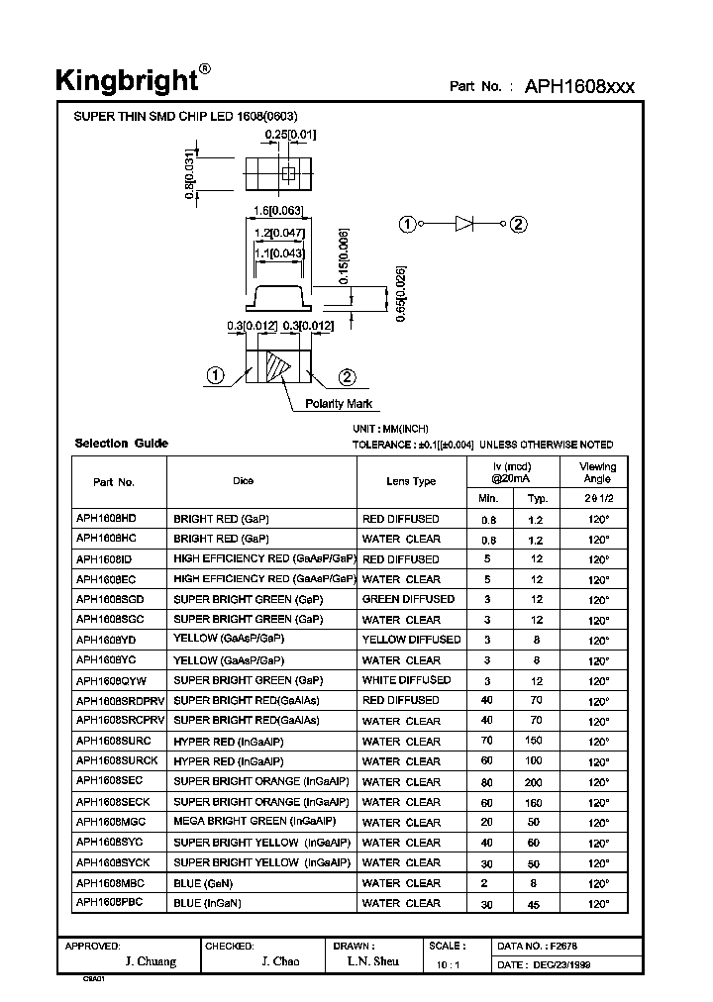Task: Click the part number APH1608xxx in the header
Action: (579, 86)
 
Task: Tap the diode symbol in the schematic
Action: (465, 224)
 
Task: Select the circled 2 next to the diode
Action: (518, 224)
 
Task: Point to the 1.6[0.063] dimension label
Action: (278, 210)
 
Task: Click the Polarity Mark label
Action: (339, 404)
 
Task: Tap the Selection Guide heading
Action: (121, 444)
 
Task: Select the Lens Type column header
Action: (411, 481)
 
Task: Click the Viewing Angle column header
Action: (598, 472)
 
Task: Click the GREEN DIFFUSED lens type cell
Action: (408, 599)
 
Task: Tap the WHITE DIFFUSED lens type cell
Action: (406, 680)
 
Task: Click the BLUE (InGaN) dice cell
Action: (208, 903)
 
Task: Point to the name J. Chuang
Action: (152, 962)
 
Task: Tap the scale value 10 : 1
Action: (448, 964)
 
